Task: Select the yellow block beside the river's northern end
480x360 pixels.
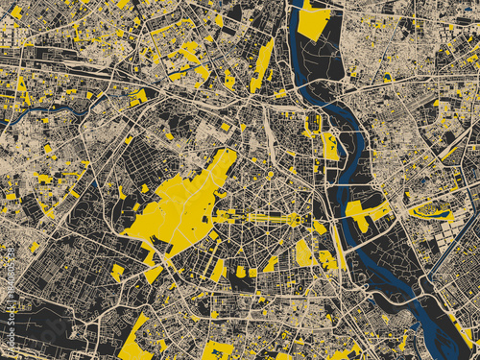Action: [x=314, y=21]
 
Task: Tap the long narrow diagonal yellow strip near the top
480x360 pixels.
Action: [x=262, y=62]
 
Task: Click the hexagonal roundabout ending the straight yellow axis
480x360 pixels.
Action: [x=295, y=220]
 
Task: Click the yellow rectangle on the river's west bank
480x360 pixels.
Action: [x=331, y=146]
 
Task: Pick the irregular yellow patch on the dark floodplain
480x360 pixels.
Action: [x=366, y=213]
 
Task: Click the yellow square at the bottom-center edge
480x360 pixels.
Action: [x=217, y=350]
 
